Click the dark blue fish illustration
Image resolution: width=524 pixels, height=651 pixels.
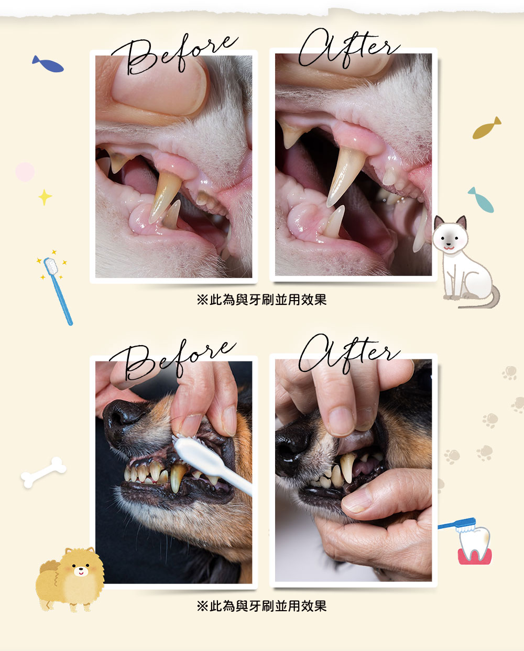(x=48, y=64)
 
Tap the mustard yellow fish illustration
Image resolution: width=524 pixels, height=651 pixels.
(x=486, y=128)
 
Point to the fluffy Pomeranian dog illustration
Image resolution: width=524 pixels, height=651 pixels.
(x=70, y=579)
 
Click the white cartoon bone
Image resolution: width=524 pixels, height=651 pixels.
(x=43, y=472)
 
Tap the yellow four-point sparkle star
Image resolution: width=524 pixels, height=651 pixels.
(x=45, y=197)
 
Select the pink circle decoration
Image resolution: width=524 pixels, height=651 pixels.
(x=25, y=172)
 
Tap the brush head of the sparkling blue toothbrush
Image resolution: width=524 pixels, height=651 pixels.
(x=50, y=266)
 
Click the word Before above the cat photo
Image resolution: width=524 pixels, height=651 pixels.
(x=174, y=55)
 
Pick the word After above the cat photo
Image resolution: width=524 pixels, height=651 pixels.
(x=349, y=48)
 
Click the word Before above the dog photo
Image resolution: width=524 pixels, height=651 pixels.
(x=172, y=361)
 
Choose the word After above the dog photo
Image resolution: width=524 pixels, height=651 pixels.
(x=349, y=354)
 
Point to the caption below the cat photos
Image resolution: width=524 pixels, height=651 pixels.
(x=261, y=300)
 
